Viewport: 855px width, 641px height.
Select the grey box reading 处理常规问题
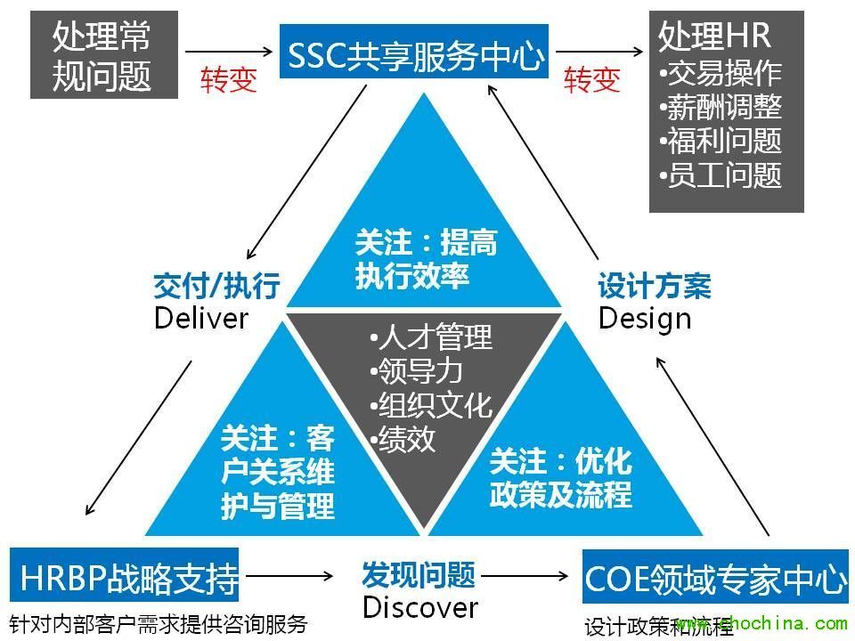point(102,55)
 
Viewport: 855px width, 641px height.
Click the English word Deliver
point(201,318)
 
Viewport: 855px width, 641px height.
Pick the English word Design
point(645,318)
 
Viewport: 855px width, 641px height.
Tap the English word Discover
point(419,607)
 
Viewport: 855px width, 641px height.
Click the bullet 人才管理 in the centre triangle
point(430,338)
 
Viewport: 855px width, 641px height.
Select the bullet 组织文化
point(430,405)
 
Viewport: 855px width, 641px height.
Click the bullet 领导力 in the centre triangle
point(416,371)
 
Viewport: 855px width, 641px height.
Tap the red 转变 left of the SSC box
point(229,80)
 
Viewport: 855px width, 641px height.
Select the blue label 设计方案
point(655,287)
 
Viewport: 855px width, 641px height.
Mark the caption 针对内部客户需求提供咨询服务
point(158,623)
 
